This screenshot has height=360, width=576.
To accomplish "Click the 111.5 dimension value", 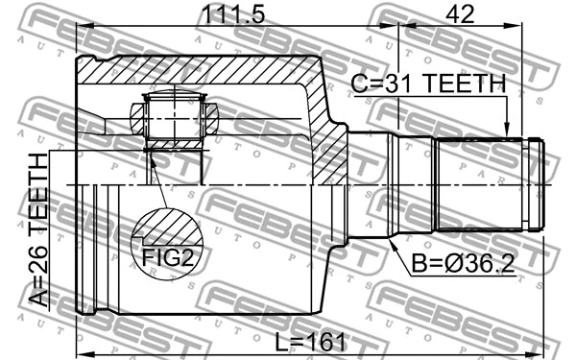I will point(230,15).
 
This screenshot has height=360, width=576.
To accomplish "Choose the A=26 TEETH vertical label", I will point(38,229).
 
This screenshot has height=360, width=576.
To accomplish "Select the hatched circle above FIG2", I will point(168,231).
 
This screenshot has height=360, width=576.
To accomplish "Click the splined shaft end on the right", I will point(488,184).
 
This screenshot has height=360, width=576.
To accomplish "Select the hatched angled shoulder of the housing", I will point(327,125).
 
